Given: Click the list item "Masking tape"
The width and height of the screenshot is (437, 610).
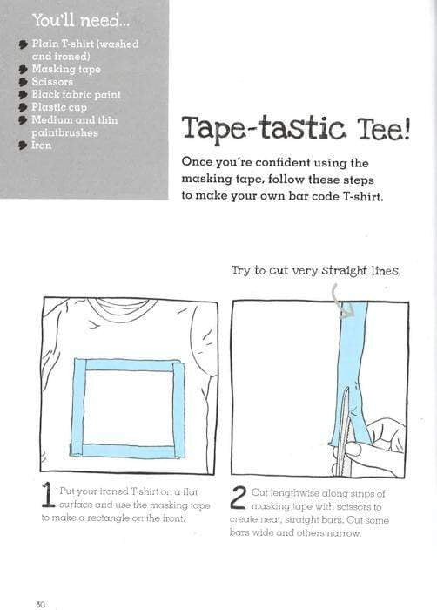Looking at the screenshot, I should pyautogui.click(x=66, y=69).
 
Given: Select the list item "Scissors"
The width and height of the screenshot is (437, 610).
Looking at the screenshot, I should pyautogui.click(x=55, y=82).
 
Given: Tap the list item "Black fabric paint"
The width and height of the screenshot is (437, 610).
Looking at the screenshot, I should pyautogui.click(x=76, y=94).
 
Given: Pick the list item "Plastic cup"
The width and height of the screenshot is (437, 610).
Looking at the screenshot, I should pyautogui.click(x=62, y=107).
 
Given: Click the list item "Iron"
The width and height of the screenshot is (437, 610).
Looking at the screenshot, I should pyautogui.click(x=42, y=146).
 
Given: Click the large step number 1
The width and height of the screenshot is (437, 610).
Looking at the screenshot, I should pyautogui.click(x=50, y=498).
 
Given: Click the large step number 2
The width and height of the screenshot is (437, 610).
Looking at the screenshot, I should pyautogui.click(x=239, y=498).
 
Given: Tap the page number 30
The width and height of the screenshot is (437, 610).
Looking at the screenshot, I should pyautogui.click(x=40, y=603).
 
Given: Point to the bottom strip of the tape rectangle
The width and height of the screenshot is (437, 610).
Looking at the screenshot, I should pyautogui.click(x=131, y=451).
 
